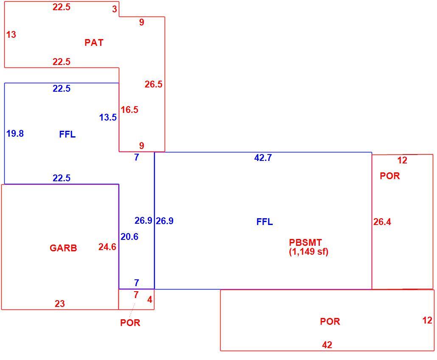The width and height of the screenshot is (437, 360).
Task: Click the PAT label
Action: pyautogui.click(x=94, y=42)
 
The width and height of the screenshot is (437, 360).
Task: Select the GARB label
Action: pyautogui.click(x=63, y=248)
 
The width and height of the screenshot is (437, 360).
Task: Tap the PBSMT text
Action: pyautogui.click(x=305, y=242)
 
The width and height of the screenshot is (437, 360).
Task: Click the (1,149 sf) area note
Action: pyautogui.click(x=309, y=251)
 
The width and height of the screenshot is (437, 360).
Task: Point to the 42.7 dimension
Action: pyautogui.click(x=263, y=158)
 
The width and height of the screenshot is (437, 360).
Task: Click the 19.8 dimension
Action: pyautogui.click(x=15, y=134)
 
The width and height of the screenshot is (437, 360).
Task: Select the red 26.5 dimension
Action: pyautogui.click(x=153, y=84)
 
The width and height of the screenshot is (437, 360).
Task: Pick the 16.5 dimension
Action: pyautogui.click(x=129, y=110)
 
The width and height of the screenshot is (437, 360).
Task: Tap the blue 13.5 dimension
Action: pyautogui.click(x=108, y=118)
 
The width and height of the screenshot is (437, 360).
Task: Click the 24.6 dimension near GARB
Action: pyautogui.click(x=107, y=247)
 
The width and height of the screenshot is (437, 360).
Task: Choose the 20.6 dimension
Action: pyautogui.click(x=129, y=237)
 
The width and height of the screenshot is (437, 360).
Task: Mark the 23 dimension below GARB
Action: pyautogui.click(x=60, y=304)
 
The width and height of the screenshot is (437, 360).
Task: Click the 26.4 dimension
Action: pyautogui.click(x=382, y=222)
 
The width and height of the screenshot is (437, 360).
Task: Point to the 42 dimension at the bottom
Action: pyautogui.click(x=327, y=345)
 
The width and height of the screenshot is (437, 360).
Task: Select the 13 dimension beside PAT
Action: pyautogui.click(x=11, y=34)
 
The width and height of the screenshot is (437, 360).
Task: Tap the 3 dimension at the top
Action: pyautogui.click(x=115, y=9)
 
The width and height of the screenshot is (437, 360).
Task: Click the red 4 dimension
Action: pyautogui.click(x=150, y=299)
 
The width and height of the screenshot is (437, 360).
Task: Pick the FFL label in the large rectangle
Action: pyautogui.click(x=264, y=222)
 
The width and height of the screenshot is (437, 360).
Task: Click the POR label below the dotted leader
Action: pyautogui.click(x=130, y=323)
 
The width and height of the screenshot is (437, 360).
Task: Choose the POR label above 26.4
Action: pyautogui.click(x=390, y=176)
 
